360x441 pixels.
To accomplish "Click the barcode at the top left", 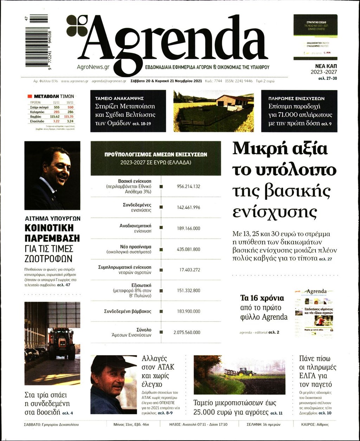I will [37, 40].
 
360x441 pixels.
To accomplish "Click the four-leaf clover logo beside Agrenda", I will [77, 26].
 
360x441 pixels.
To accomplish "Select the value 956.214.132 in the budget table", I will [188, 186].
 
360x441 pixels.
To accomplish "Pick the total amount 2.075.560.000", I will [187, 332].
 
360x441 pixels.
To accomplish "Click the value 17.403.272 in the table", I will [189, 270].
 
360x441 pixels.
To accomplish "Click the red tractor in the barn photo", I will [61, 343].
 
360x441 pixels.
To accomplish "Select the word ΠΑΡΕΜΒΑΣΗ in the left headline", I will [52, 238].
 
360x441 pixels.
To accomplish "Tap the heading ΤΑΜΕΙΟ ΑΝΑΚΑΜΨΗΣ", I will [119, 99].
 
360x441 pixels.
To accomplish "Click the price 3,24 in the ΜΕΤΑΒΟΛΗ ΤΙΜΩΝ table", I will [70, 121].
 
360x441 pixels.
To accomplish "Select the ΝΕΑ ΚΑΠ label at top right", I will [326, 66].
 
